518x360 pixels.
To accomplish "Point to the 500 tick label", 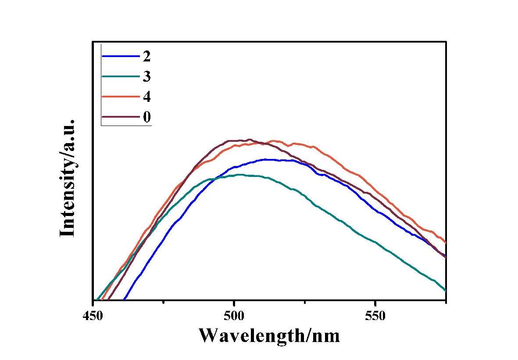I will click(x=234, y=316).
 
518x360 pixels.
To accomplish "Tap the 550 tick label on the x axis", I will click(x=375, y=316).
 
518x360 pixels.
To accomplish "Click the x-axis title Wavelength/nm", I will click(x=269, y=336).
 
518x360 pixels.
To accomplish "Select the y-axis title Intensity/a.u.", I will click(x=68, y=178).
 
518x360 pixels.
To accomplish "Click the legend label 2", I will click(x=146, y=56).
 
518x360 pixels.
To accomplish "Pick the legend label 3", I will click(x=146, y=76).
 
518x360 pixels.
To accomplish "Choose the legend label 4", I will click(x=146, y=97).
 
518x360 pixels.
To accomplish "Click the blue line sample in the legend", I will click(x=120, y=56).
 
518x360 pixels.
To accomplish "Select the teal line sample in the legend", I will click(x=120, y=76).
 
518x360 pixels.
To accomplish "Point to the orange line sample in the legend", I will click(x=120, y=97).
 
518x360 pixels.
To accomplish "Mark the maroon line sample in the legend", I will click(x=120, y=117).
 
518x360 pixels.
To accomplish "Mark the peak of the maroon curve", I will click(x=249, y=140).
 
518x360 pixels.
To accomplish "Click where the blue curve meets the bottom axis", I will click(x=125, y=300).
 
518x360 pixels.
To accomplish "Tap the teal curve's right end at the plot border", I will click(x=446, y=291).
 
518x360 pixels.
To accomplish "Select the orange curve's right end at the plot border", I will click(x=446, y=242).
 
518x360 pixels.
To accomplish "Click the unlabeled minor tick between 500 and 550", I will click(x=305, y=301).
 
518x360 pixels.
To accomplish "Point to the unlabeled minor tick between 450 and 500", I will click(x=164, y=301).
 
